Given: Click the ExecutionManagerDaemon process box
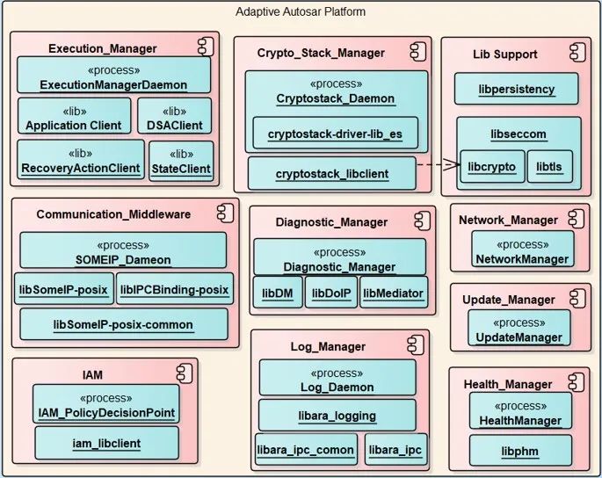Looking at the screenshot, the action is coord(113,75).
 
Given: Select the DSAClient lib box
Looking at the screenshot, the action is coord(174,116).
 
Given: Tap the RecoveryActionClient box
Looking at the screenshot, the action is coord(81,159).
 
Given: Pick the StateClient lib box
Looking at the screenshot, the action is coord(181,161).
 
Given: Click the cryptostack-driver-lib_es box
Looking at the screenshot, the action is coord(335,133).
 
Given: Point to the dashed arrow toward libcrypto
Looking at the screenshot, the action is coord(439,164).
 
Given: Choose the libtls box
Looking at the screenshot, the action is coord(550,166).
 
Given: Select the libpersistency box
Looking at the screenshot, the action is coord(517,89).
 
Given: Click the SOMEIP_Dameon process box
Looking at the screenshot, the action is coord(123,250).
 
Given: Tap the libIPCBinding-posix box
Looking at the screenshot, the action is coord(175,289).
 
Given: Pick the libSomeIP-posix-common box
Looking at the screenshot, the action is coord(124,324).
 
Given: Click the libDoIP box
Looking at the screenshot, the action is coord(331,293).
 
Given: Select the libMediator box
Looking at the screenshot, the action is coord(394,293).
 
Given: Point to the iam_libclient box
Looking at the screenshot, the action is coord(106,443).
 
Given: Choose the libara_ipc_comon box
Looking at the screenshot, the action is coord(306,449).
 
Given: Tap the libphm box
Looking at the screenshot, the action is coord(520,451).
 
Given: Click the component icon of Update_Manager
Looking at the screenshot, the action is coord(577,299).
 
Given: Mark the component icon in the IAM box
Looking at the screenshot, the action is coord(185,373).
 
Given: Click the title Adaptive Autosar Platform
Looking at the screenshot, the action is coord(301,12).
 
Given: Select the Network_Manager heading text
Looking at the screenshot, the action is coord(508,220).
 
